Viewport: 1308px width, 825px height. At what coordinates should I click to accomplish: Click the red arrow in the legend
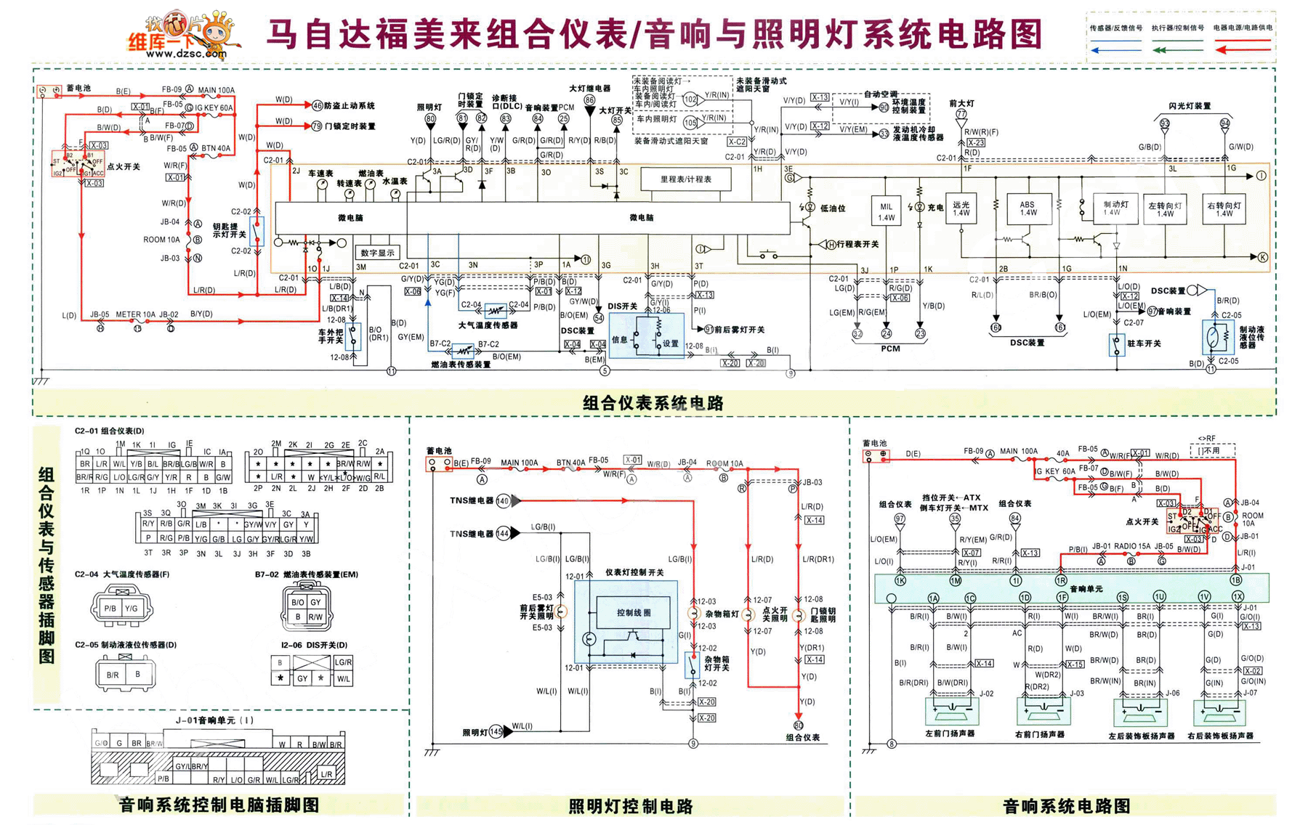(x=1243, y=50)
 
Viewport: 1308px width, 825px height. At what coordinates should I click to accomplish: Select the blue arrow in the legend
(x=1116, y=50)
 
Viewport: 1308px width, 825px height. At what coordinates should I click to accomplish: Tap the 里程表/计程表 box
(x=685, y=179)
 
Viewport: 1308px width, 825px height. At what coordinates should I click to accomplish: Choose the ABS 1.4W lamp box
(x=1027, y=209)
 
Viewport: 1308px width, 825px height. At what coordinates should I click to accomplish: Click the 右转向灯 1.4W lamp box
(x=1224, y=209)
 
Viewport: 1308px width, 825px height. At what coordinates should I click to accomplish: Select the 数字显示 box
(x=377, y=253)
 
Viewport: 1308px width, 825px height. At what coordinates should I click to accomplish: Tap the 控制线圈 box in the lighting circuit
(x=634, y=612)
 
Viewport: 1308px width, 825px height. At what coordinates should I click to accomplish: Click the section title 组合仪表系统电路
(x=653, y=403)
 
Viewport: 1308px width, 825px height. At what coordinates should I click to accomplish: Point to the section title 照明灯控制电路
(x=630, y=806)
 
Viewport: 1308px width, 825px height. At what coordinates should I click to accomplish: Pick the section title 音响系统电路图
(x=1066, y=806)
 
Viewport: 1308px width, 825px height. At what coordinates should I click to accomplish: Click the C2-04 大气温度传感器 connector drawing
(x=121, y=607)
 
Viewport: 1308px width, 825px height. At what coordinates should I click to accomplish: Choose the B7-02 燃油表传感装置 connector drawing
(x=306, y=609)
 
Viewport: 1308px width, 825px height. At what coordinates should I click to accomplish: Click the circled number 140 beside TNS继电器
(x=503, y=501)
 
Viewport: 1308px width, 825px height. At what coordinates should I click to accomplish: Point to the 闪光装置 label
(x=1190, y=106)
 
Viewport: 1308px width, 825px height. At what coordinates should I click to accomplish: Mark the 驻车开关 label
(x=1143, y=344)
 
